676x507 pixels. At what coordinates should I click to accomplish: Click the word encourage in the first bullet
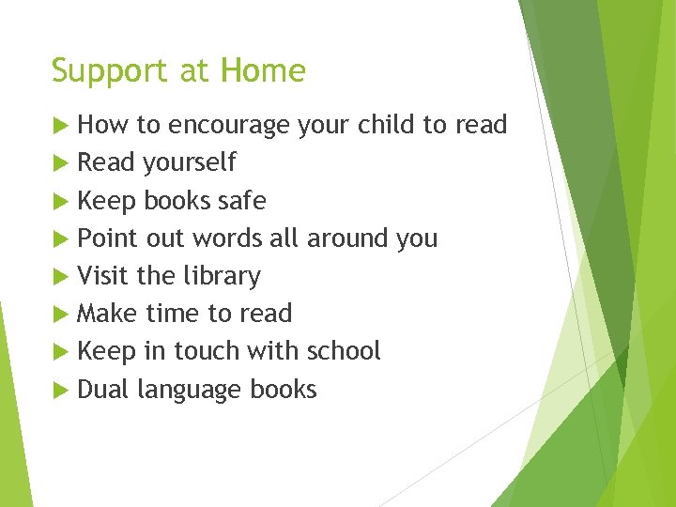(229, 126)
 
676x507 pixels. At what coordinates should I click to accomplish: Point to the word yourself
(189, 163)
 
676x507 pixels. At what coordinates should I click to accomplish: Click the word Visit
(103, 276)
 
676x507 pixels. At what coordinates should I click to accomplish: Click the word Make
(106, 314)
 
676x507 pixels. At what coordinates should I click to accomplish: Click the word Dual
(103, 389)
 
